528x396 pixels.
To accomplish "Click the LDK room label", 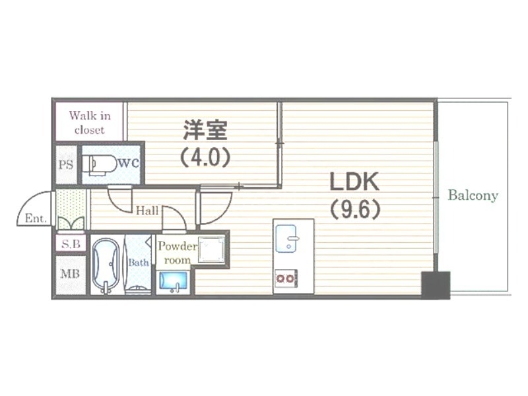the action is pos(354,182).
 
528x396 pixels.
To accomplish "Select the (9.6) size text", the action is pos(355,209).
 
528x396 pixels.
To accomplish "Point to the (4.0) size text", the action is pos(205,157).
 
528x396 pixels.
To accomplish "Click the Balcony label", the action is pos(473,195).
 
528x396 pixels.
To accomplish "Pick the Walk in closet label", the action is pos(90,123).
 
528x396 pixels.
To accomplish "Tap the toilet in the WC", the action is pos(98,164).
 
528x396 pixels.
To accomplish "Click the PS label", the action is pos(66,164).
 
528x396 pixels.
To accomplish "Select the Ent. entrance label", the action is pos(36,218).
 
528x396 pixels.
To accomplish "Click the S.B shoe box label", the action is pos(71,244).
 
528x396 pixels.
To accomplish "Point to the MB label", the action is pos(70,274).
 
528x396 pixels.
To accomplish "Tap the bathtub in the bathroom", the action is pos(106,266).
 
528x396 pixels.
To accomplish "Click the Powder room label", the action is pos(178,253).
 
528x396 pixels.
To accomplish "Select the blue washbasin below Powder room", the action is pos(174,281).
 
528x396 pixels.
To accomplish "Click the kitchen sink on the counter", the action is pos(286,239).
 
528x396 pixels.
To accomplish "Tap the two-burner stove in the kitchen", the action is pos(286,279).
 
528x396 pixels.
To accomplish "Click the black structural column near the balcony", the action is pos(436,285).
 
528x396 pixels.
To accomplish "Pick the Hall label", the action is pos(147,211).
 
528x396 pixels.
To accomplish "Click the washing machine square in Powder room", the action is pos(211,249).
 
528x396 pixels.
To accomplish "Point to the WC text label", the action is pos(129,163).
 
